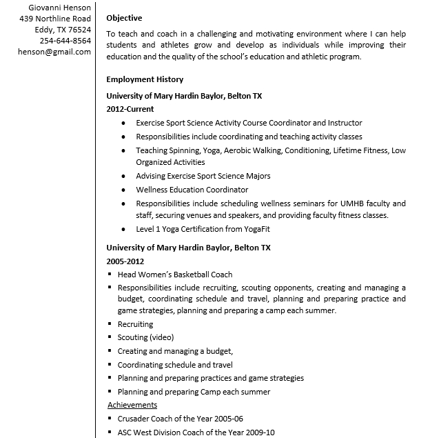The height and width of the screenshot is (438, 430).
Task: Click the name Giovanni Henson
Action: pos(57,7)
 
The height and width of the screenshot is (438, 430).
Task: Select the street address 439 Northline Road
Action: pos(55,18)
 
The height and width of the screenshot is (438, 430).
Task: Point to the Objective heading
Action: pos(124,18)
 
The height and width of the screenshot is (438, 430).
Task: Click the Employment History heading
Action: pos(144,79)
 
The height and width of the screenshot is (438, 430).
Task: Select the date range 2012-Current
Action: pos(130,109)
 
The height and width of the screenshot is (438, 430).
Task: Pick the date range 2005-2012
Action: pos(125,261)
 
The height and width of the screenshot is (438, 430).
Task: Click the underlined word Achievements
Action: pos(132,405)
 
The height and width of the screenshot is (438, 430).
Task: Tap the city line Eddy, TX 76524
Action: pos(63,30)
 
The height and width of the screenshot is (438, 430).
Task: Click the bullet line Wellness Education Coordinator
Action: pos(192,190)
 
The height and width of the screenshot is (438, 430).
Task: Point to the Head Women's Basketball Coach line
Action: pos(175,275)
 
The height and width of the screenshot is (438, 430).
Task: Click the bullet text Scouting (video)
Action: pos(145,337)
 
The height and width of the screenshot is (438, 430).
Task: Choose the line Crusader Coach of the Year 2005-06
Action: pos(181,419)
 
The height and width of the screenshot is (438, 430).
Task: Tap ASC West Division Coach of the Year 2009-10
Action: pos(196,432)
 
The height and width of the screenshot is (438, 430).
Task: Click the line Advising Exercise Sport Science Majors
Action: pos(203,176)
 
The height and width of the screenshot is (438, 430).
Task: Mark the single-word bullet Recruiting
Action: pos(135,324)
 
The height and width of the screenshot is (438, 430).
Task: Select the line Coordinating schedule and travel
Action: pos(175,365)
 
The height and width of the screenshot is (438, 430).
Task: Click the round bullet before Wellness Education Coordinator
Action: pos(123,190)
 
